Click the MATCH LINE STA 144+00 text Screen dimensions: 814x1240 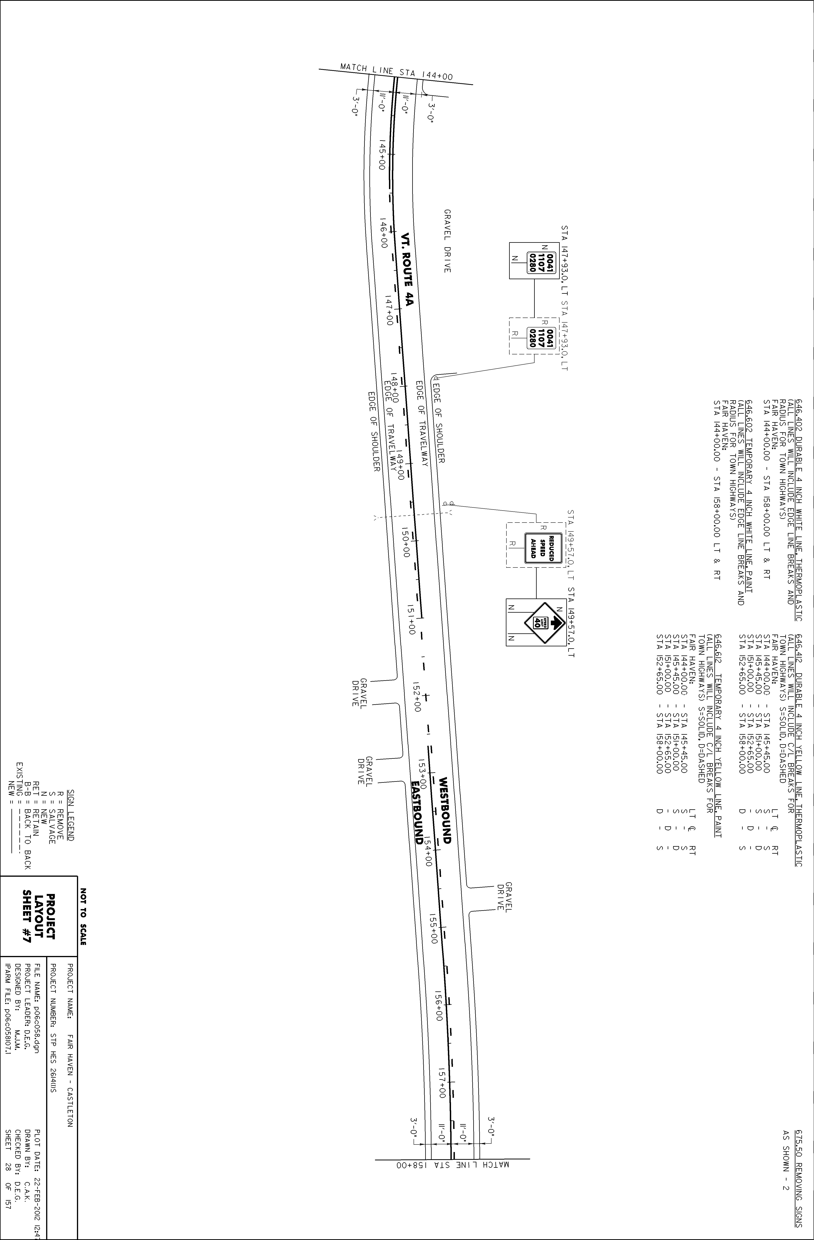[396, 72]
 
